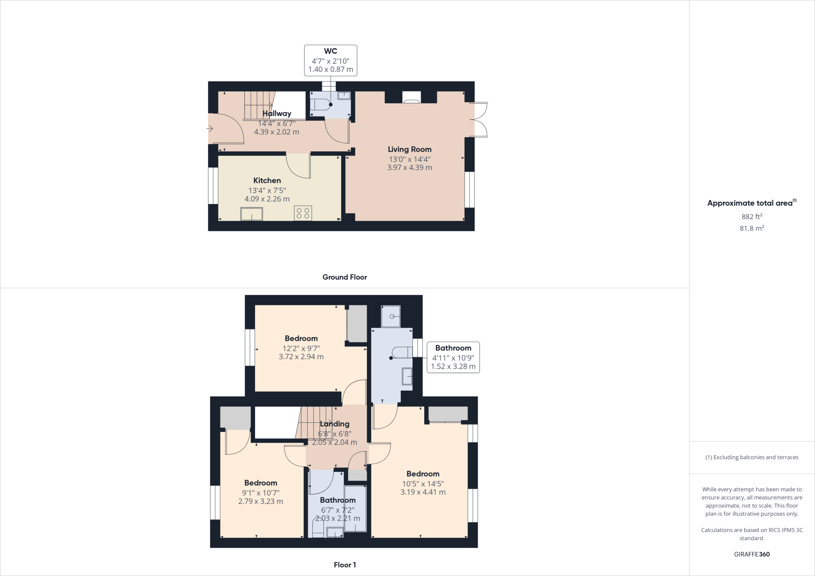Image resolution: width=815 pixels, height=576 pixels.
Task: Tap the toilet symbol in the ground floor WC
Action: pos(320,105)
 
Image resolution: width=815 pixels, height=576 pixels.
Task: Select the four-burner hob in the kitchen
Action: pos(303,213)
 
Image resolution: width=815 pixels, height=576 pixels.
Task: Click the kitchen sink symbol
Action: pos(252,214)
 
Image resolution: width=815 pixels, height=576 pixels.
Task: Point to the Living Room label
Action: pos(409,150)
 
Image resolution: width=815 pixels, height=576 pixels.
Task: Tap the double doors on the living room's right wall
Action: pos(479,120)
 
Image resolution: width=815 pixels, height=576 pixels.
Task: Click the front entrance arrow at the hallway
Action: pos(210,128)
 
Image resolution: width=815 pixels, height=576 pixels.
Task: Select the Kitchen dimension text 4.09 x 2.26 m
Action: pos(267,199)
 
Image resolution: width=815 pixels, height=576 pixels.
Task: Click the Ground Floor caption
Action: pos(345,277)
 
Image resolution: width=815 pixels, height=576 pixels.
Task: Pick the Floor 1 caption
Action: pos(345,565)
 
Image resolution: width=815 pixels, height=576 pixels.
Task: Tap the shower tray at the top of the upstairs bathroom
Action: pos(391,317)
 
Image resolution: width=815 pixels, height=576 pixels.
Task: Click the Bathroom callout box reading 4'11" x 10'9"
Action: pos(453,357)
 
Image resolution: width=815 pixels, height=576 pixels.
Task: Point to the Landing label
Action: pos(335,424)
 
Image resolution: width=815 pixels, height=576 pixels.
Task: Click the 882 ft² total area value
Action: pos(752,217)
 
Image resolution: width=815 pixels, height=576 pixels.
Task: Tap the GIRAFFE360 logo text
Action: pos(752,554)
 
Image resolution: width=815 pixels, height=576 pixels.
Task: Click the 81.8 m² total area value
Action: pos(752,228)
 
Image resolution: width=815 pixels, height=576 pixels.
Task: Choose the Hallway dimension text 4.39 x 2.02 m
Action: pos(277,132)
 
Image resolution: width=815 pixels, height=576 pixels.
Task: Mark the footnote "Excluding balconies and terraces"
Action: pos(752,457)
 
